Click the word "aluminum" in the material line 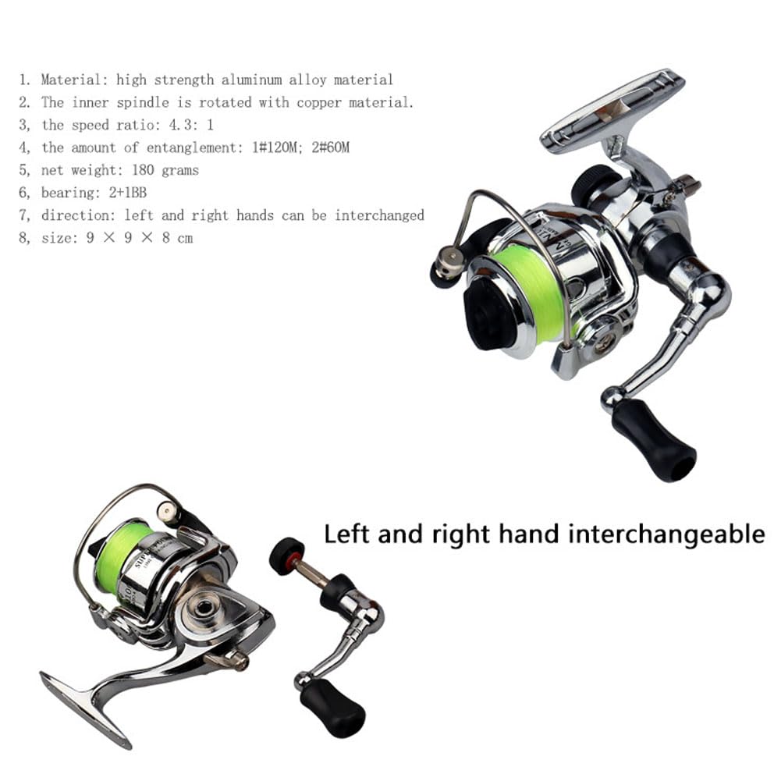pyautogui.click(x=251, y=80)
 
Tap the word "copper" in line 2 pyautogui.click(x=319, y=103)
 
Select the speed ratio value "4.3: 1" pyautogui.click(x=191, y=125)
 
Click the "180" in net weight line pyautogui.click(x=143, y=170)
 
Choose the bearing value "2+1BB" pyautogui.click(x=127, y=192)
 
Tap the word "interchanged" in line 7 pyautogui.click(x=379, y=215)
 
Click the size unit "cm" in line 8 pyautogui.click(x=185, y=238)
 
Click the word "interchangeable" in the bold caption pyautogui.click(x=666, y=534)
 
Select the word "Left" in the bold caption pyautogui.click(x=347, y=534)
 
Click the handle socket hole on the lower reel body pyautogui.click(x=203, y=608)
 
